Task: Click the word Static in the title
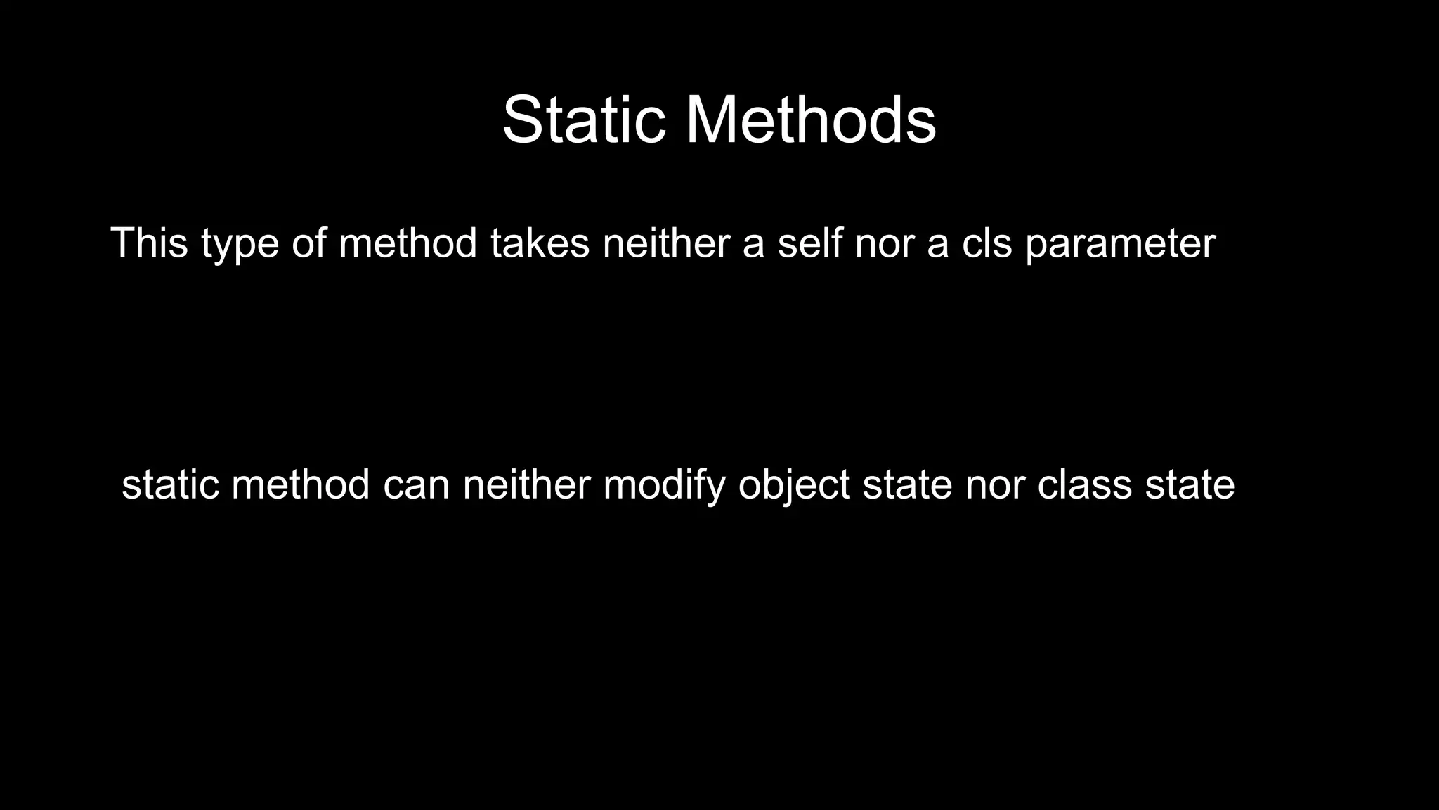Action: (584, 120)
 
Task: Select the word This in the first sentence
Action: (149, 243)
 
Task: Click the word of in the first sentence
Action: (308, 243)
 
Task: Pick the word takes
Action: (540, 243)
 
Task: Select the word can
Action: (416, 486)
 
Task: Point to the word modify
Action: (664, 486)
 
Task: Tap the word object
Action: (794, 486)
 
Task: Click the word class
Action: (1084, 484)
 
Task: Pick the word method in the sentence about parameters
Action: (408, 243)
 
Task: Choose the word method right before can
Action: (300, 484)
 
